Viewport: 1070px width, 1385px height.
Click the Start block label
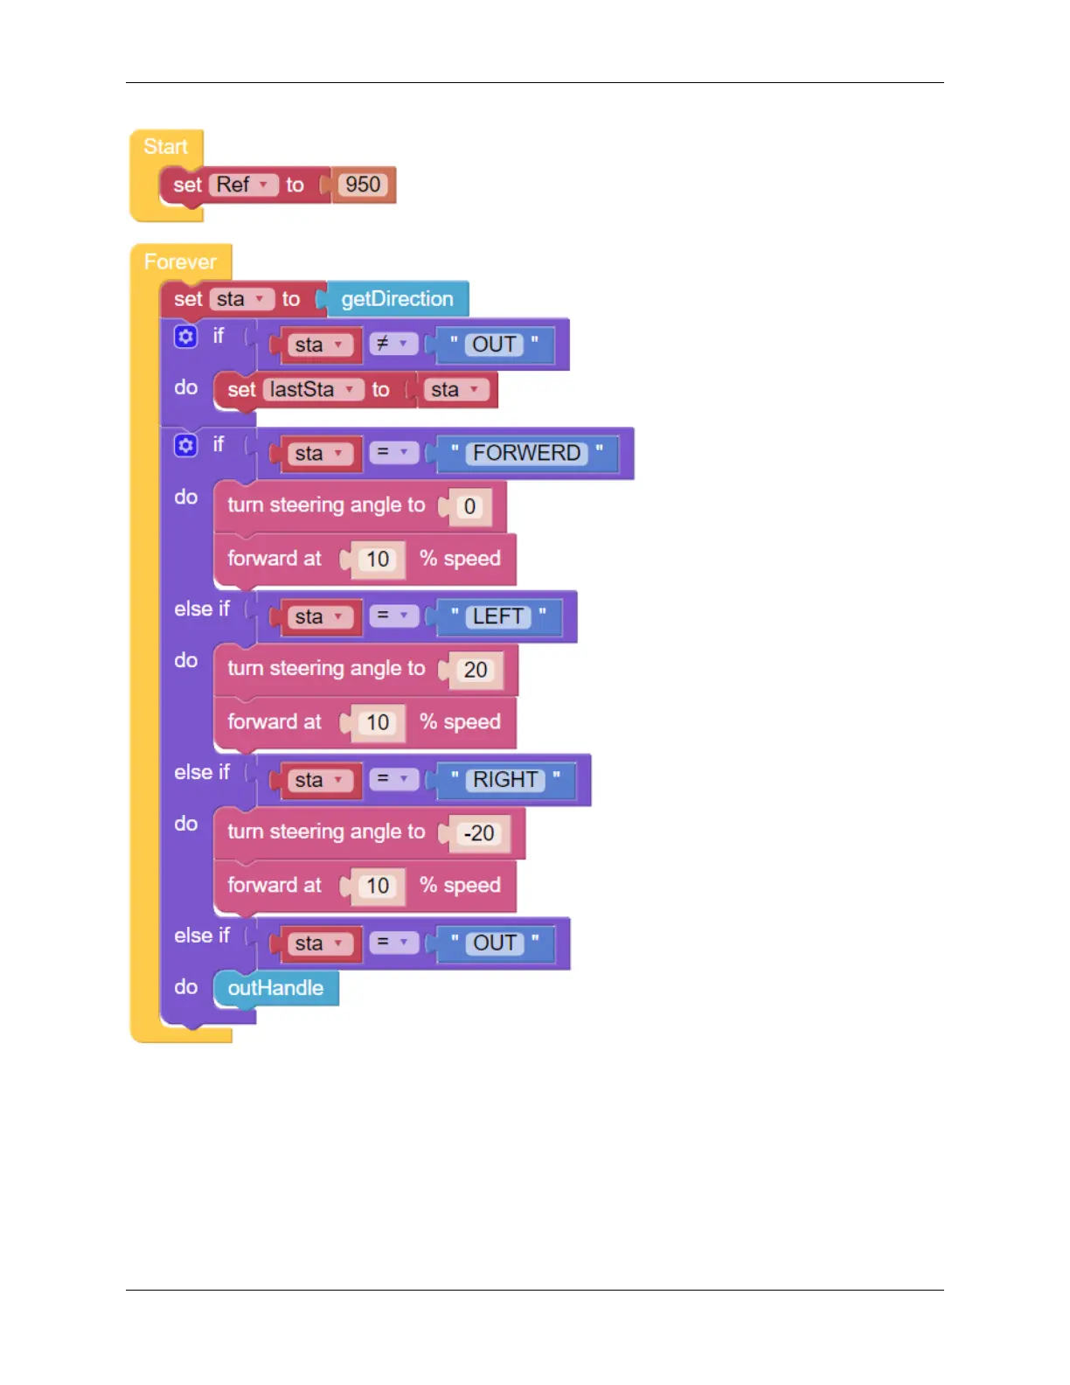165,146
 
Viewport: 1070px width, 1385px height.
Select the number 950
363,184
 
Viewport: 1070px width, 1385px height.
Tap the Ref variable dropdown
244,184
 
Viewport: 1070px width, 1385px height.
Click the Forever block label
180,261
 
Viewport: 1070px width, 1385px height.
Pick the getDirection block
397,299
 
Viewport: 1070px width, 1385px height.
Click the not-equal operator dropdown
393,344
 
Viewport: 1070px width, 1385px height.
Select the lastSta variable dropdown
312,389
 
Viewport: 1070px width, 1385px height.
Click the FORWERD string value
526,453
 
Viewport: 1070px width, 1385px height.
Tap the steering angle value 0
469,506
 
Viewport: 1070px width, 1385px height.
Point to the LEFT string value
497,616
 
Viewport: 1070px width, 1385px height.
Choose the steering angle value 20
476,670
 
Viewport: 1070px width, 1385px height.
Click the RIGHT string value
505,779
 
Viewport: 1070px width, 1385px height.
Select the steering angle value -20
479,833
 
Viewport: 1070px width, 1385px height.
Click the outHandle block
275,988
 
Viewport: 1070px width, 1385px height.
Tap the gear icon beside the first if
185,337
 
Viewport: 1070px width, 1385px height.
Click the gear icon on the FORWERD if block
185,446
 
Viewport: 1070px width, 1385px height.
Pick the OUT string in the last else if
495,943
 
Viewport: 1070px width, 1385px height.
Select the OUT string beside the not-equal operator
494,345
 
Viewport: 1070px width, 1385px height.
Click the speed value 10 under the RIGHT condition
378,886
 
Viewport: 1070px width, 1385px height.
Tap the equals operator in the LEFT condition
393,616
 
